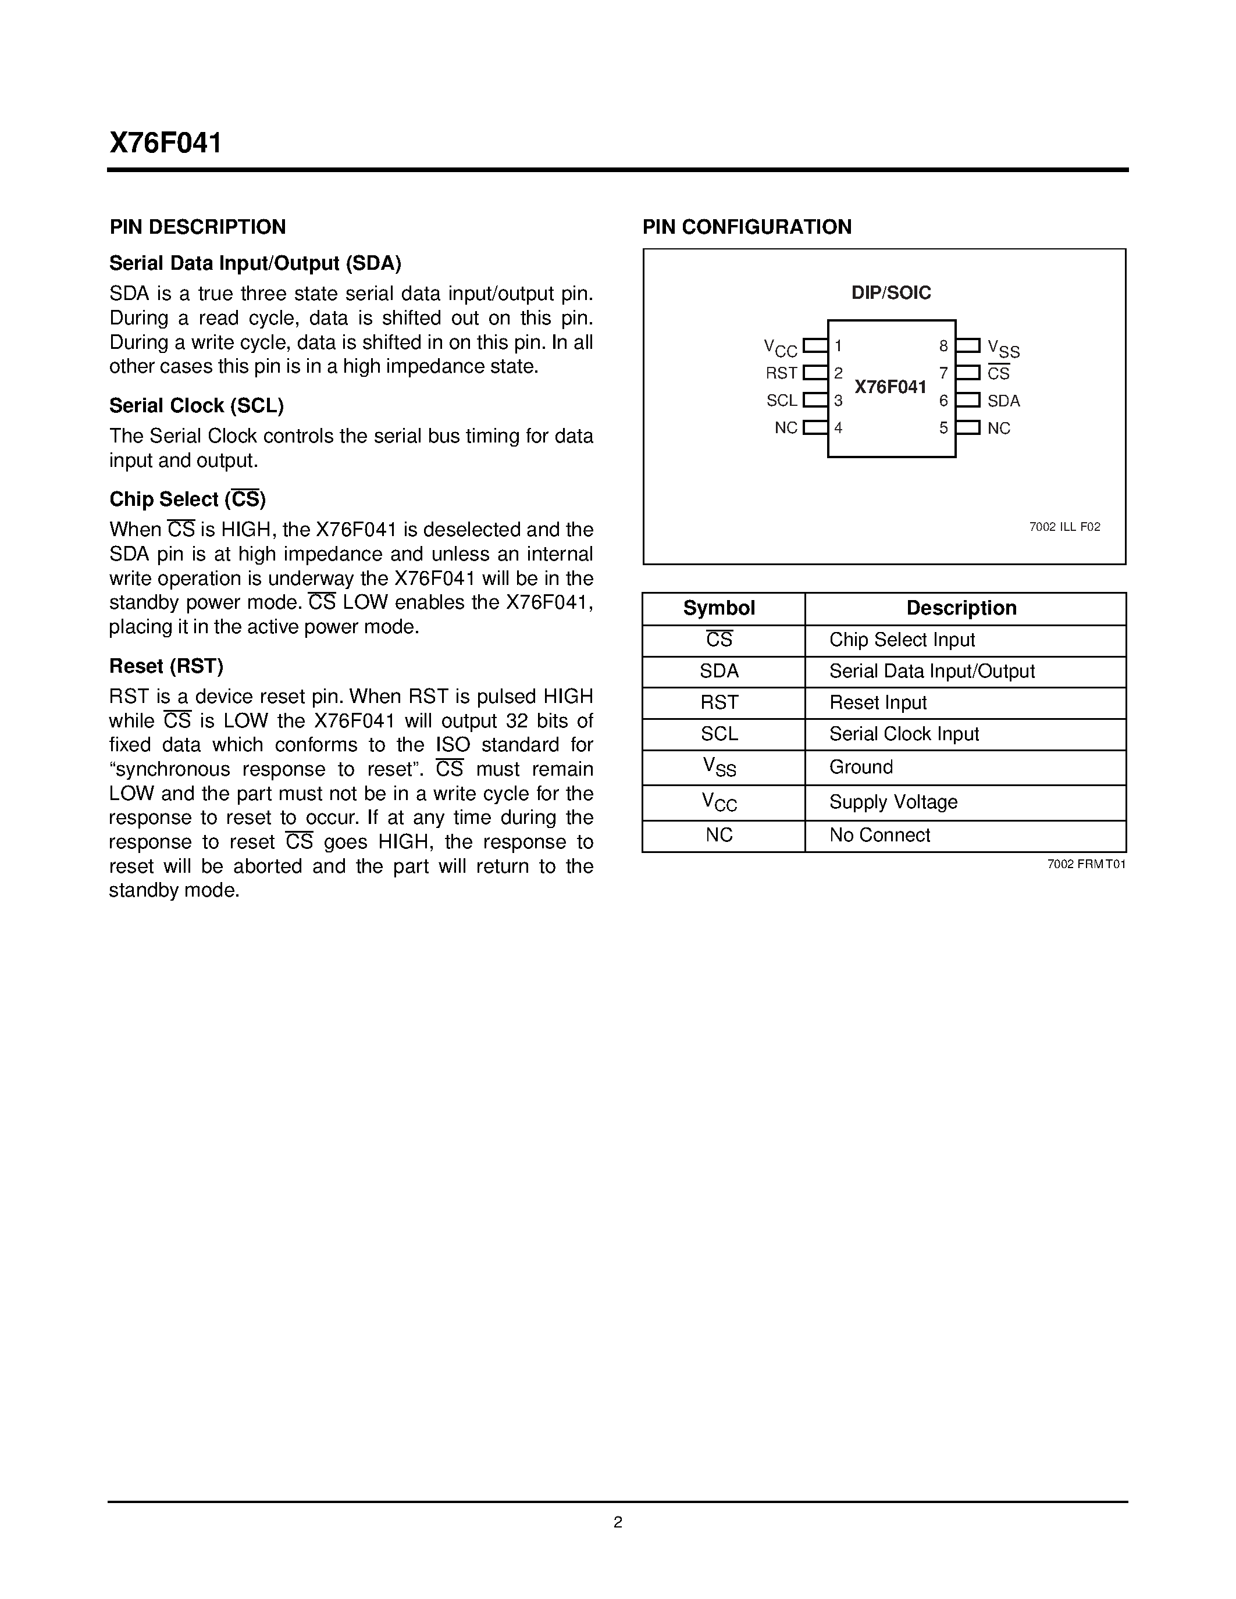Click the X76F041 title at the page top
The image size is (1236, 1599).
pyautogui.click(x=166, y=143)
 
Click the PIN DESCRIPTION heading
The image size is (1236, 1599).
pyautogui.click(x=198, y=227)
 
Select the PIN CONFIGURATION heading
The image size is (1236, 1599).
pyautogui.click(x=747, y=227)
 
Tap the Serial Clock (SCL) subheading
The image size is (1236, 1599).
pyautogui.click(x=196, y=406)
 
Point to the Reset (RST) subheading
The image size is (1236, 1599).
pyautogui.click(x=166, y=666)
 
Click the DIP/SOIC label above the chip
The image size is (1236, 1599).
pyautogui.click(x=891, y=293)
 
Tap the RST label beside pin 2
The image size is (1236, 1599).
pyautogui.click(x=781, y=373)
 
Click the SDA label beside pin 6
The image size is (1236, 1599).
pyautogui.click(x=1003, y=401)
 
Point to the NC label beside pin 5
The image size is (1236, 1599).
pyautogui.click(x=999, y=429)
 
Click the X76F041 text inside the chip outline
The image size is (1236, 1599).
pyautogui.click(x=891, y=387)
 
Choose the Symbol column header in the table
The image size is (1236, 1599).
pyautogui.click(x=719, y=608)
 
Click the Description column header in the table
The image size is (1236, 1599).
pyautogui.click(x=961, y=608)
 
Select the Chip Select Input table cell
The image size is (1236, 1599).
pyautogui.click(x=902, y=640)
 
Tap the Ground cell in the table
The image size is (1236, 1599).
pyautogui.click(x=861, y=768)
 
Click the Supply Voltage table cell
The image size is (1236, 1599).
pyautogui.click(x=893, y=802)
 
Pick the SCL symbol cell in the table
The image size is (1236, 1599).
pyautogui.click(x=719, y=734)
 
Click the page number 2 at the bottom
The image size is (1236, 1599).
pyautogui.click(x=617, y=1522)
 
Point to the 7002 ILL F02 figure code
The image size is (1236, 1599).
pyautogui.click(x=1064, y=527)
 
